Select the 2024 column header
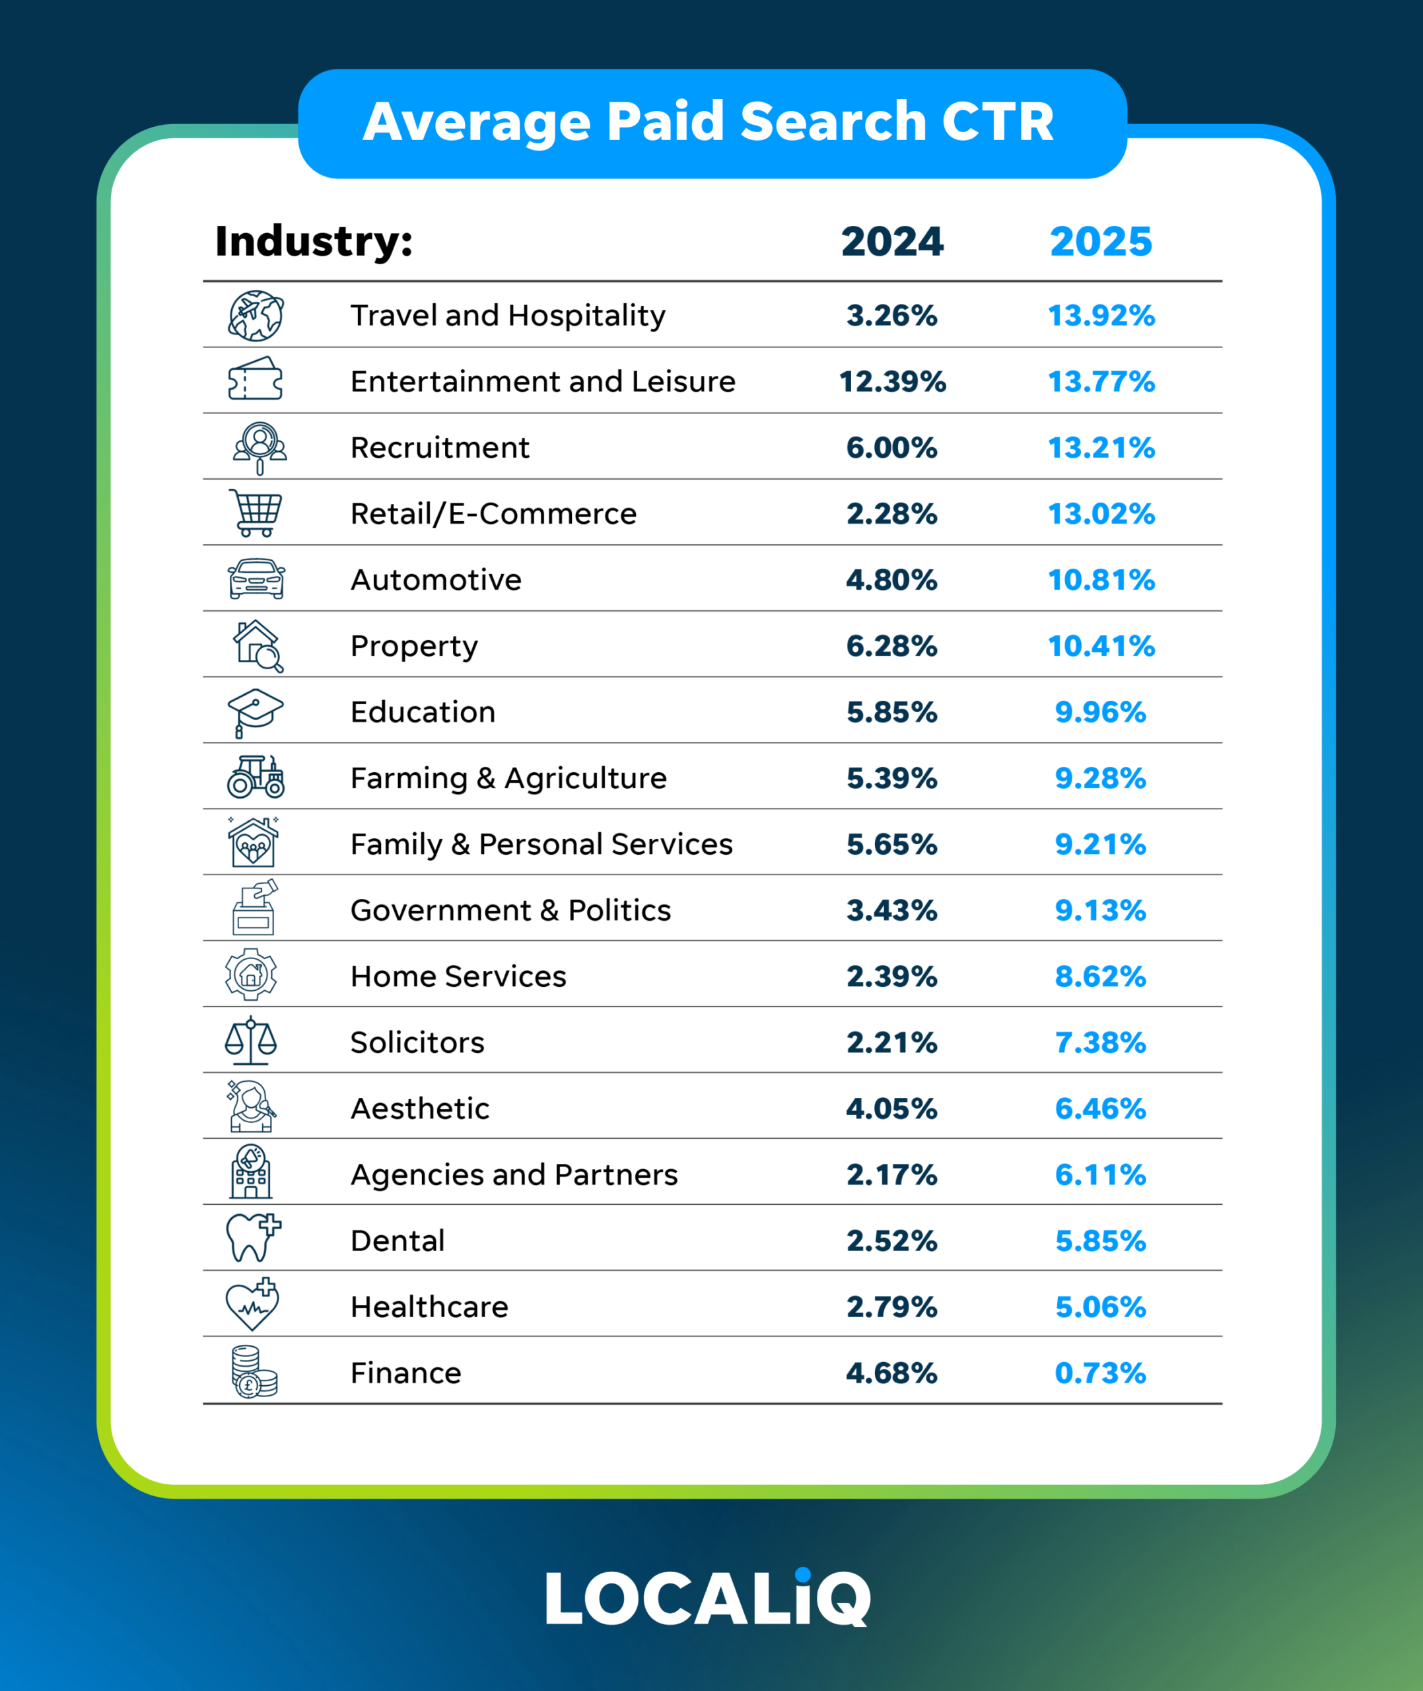[892, 242]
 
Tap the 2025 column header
[1101, 242]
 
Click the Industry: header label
[314, 242]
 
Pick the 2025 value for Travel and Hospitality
[1101, 316]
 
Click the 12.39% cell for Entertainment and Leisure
[892, 382]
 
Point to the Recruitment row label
[440, 448]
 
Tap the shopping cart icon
[256, 513]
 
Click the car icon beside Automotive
[256, 579]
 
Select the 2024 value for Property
[892, 646]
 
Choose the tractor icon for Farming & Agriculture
[256, 777]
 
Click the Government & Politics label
[510, 911]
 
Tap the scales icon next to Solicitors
[251, 1041]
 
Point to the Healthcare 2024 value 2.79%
[892, 1307]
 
